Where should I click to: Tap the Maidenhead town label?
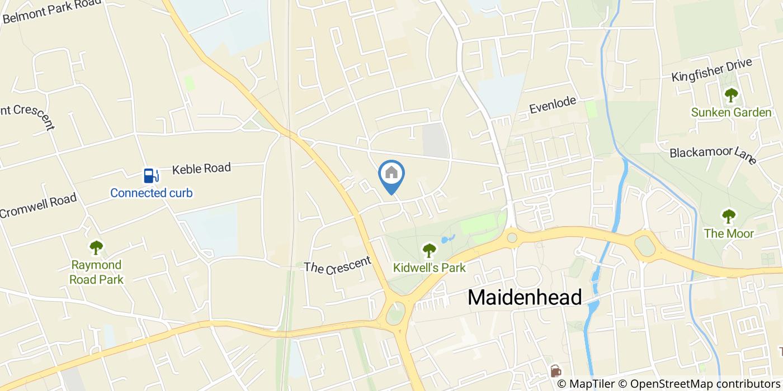[525, 297]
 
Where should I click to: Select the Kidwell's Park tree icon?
[429, 250]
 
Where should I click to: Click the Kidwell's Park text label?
[429, 268]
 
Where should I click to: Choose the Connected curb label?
[151, 193]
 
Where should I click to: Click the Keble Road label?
[201, 169]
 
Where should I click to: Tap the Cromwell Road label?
[38, 206]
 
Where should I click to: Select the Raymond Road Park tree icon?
[96, 247]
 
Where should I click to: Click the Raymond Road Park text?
[96, 271]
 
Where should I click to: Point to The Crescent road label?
[337, 265]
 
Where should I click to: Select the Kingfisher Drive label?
[711, 70]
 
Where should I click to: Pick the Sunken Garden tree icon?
[731, 96]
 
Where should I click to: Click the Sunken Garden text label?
[731, 112]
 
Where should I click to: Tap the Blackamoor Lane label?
[713, 155]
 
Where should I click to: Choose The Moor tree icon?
[728, 216]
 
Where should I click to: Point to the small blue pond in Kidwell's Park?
[446, 240]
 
